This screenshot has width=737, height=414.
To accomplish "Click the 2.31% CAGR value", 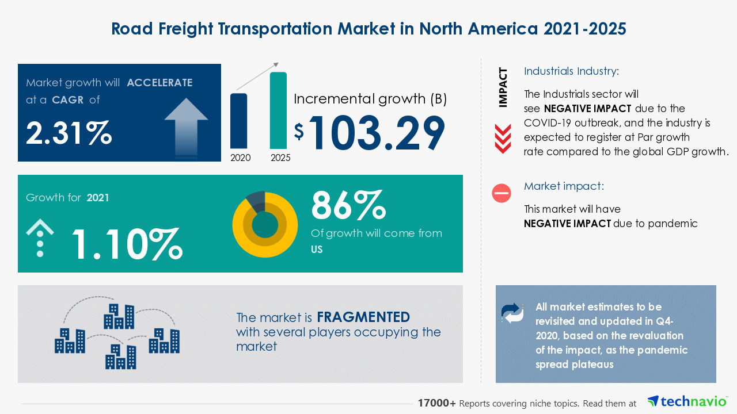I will coord(69,133).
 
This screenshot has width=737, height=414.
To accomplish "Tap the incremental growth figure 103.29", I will coord(377,133).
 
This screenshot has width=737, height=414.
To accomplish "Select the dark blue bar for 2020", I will coord(239,121).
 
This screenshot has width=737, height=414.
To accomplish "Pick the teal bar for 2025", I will coord(278,110).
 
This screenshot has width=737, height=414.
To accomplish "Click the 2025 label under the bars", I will coord(280,158).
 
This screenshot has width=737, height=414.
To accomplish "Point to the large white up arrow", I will coord(186,127).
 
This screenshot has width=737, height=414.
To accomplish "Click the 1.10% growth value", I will coord(127,243).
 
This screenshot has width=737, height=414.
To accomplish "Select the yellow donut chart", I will coord(265,224).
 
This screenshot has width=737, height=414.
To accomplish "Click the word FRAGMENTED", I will coord(363,317).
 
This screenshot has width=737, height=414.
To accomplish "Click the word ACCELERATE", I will coord(159,83).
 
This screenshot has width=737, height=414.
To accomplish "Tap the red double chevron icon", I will coord(503,139).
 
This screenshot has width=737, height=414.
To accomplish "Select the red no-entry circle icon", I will coord(502,193).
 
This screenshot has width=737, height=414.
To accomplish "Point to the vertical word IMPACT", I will coord(503,87).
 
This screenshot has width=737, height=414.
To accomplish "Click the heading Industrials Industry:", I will coord(571,71).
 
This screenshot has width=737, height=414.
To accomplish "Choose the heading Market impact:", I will coord(563,186).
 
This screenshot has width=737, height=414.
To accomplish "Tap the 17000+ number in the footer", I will coord(437,404).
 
